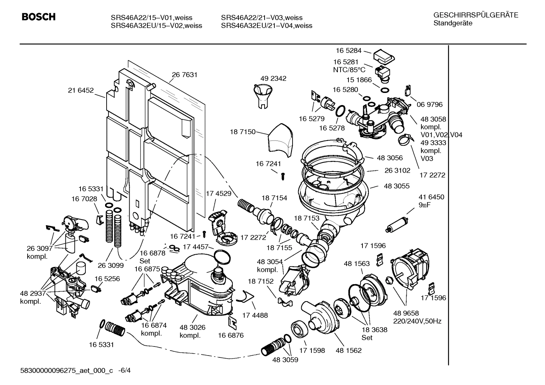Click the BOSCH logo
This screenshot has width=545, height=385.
pyautogui.click(x=39, y=17)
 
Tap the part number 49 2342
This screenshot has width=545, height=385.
pyautogui.click(x=273, y=79)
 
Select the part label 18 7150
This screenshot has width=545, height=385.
pyautogui.click(x=242, y=132)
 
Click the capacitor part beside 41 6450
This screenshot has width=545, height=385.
pyautogui.click(x=397, y=224)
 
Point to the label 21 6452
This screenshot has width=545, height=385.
pyautogui.click(x=81, y=90)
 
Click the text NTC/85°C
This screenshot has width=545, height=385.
pyautogui.click(x=349, y=70)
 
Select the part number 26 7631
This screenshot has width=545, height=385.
pyautogui.click(x=184, y=75)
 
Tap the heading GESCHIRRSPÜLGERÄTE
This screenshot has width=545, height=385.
pyautogui.click(x=475, y=15)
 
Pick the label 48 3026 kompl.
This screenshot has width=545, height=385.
pyautogui.click(x=192, y=331)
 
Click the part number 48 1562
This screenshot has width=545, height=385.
pyautogui.click(x=348, y=351)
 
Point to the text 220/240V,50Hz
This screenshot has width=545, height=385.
pyautogui.click(x=417, y=321)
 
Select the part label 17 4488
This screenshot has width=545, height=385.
pyautogui.click(x=255, y=315)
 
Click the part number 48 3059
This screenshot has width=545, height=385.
pyautogui.click(x=285, y=360)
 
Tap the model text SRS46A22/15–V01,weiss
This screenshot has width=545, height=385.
pyautogui.click(x=151, y=18)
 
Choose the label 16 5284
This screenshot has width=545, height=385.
pyautogui.click(x=348, y=51)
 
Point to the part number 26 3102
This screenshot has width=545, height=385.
pyautogui.click(x=397, y=170)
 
